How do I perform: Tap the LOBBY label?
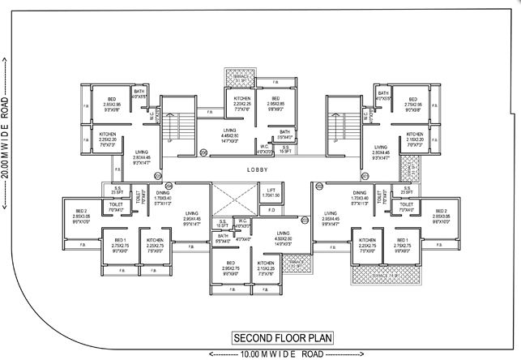pyautogui.click(x=258, y=170)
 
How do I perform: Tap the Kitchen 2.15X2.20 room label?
pyautogui.click(x=415, y=138)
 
